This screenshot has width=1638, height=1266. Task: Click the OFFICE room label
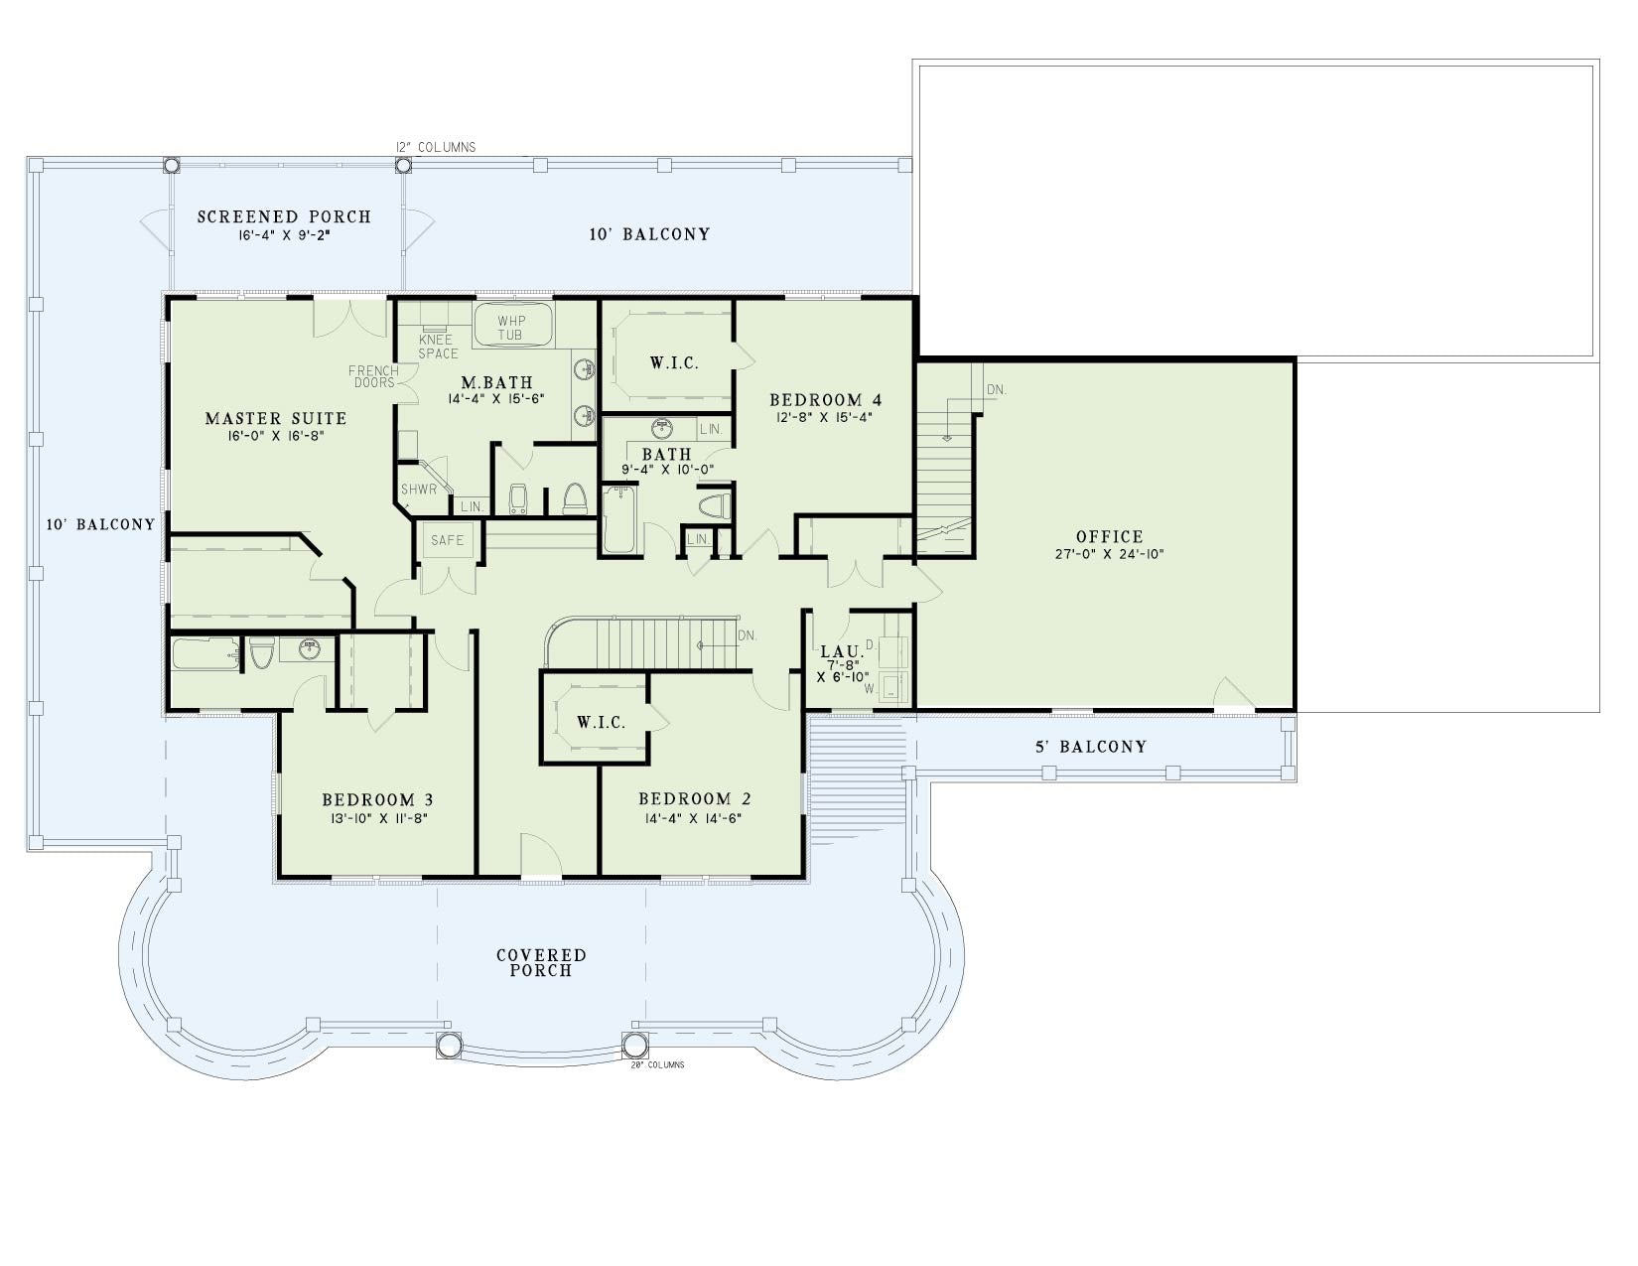(1109, 536)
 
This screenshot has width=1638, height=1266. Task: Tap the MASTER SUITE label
(276, 418)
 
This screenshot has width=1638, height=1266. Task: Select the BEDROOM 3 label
(377, 799)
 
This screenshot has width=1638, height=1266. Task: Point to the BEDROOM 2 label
(694, 798)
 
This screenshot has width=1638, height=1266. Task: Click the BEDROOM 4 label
(825, 399)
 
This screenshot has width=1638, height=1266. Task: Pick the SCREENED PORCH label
(284, 217)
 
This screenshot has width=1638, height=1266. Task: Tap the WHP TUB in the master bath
(512, 328)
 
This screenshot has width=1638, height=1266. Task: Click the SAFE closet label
(447, 540)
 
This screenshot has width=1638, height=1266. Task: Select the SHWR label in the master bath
(418, 490)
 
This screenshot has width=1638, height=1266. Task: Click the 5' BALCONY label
(1091, 747)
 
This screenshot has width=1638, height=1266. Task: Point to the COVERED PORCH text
(541, 963)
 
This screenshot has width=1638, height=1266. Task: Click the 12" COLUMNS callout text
(436, 147)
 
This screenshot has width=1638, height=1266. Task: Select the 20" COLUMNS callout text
(657, 1064)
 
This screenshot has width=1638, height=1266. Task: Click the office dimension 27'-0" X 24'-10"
(1110, 554)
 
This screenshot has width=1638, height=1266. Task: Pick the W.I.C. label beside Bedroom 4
(674, 362)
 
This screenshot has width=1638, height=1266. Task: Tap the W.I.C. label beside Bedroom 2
(601, 722)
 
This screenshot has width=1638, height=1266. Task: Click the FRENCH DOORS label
(374, 376)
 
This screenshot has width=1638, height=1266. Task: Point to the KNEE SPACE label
(438, 347)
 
